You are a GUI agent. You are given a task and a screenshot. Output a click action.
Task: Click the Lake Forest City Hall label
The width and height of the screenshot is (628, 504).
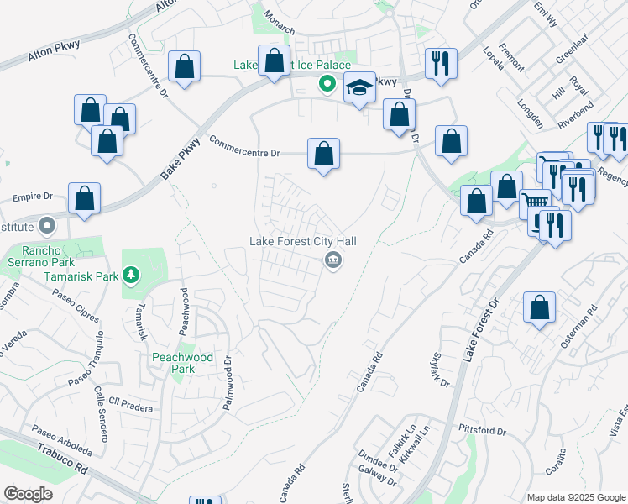click(303, 241)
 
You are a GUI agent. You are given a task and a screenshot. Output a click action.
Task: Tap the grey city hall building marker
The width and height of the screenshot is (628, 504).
click(333, 260)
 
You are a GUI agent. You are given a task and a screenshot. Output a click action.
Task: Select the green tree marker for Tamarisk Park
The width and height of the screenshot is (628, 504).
click(130, 274)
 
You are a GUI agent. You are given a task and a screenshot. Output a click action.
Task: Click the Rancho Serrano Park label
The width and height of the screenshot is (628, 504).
click(30, 256)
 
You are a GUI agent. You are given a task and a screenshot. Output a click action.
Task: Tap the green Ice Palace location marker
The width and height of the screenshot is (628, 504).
click(326, 83)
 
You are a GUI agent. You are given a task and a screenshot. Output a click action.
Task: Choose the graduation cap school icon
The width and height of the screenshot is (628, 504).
click(359, 87)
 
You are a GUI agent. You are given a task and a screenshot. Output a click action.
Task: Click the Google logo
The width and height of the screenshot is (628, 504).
click(28, 494)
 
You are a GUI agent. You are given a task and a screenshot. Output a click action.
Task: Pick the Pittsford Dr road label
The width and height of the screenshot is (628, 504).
click(483, 430)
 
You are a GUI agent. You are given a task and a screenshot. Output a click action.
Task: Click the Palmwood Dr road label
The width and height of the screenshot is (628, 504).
click(227, 382)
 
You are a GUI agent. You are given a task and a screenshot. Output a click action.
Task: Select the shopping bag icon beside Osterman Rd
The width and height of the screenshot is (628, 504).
click(539, 307)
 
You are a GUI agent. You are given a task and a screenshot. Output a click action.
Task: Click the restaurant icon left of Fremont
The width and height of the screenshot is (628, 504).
click(441, 63)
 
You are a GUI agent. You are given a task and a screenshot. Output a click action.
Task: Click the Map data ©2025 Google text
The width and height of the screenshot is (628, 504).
click(575, 496)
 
